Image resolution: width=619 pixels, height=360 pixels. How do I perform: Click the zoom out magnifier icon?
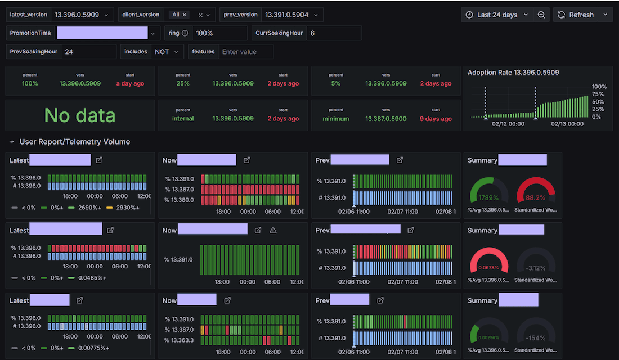(x=541, y=15)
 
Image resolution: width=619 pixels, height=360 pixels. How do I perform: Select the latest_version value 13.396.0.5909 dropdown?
(x=82, y=15)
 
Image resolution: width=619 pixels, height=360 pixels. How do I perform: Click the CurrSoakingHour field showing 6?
(x=334, y=33)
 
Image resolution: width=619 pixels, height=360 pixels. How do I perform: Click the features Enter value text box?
(x=245, y=52)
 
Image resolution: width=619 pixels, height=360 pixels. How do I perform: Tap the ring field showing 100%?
(x=219, y=33)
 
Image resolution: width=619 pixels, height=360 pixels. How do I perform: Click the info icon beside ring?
(x=185, y=33)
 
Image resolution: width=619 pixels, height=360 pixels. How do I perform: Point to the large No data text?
(x=80, y=115)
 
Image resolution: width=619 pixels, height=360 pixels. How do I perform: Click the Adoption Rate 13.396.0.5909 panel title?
(x=513, y=73)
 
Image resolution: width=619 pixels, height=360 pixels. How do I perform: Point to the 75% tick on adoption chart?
(x=598, y=94)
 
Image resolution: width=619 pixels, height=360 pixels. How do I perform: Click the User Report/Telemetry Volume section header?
(x=74, y=142)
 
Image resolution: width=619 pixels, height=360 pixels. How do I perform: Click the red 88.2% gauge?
(x=535, y=191)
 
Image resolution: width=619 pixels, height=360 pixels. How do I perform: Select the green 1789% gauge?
(x=488, y=191)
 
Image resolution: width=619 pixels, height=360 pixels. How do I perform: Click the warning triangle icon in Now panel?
(x=273, y=230)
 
